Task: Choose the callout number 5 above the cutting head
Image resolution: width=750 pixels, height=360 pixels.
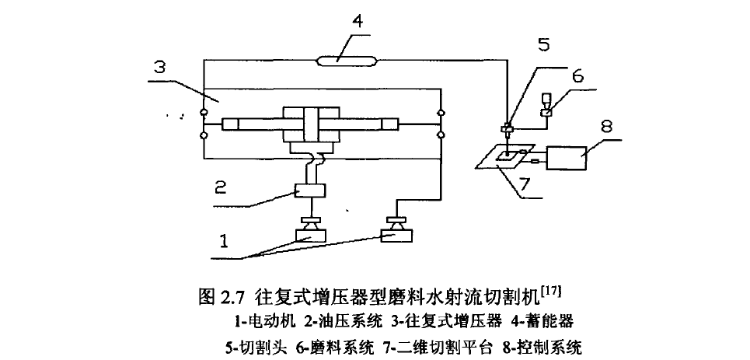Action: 544,44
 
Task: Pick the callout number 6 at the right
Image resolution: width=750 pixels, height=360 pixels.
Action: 577,76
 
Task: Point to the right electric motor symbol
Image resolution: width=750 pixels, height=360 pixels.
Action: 397,232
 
